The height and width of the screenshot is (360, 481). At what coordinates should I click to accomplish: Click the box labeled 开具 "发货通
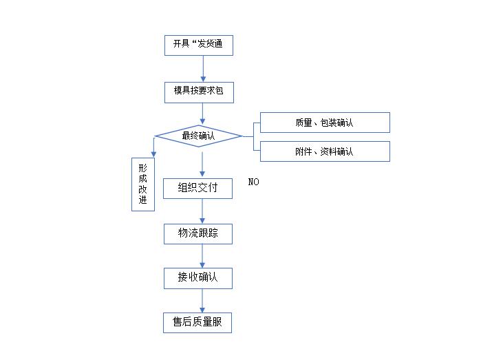[198, 45]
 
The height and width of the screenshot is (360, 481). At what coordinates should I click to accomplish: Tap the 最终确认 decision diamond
[198, 136]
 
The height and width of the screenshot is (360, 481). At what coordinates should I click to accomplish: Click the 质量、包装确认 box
[324, 123]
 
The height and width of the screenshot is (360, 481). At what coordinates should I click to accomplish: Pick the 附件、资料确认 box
[324, 151]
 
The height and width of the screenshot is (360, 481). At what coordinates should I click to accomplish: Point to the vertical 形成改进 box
[143, 184]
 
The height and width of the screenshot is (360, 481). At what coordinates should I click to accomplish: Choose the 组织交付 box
[197, 188]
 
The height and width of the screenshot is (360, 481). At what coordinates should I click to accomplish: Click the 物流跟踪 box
[197, 233]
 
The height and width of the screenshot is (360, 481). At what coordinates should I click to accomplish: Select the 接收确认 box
[197, 278]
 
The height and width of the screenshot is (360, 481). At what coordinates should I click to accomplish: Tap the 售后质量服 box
[197, 322]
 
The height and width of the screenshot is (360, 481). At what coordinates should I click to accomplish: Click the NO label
[254, 182]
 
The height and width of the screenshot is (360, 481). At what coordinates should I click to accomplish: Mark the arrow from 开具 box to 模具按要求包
[202, 69]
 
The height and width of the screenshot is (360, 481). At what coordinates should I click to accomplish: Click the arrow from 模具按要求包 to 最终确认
[202, 114]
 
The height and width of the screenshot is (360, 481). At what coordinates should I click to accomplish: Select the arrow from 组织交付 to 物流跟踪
[202, 211]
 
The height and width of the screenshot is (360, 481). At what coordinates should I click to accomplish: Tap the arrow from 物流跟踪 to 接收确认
[202, 255]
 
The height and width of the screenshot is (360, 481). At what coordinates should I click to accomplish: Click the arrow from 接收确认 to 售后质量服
[202, 300]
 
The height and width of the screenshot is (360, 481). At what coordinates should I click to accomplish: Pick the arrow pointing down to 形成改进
[153, 147]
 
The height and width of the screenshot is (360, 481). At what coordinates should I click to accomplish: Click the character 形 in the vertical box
[143, 169]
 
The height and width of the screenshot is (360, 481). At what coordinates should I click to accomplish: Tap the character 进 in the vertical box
[143, 200]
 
